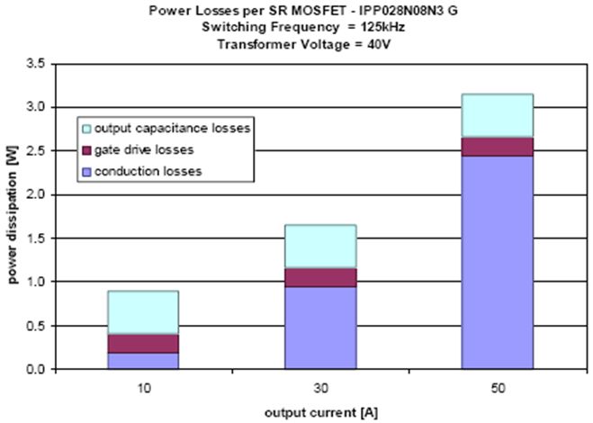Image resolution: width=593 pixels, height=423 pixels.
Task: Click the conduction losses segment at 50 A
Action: (497, 262)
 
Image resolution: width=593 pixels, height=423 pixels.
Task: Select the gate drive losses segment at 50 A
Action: (497, 147)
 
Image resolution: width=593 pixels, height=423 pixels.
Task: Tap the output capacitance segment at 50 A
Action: (497, 116)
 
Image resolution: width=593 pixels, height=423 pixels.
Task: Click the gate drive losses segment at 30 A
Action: (320, 277)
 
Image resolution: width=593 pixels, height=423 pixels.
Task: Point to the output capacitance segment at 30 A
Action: (320, 247)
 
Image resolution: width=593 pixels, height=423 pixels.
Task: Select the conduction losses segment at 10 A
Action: (143, 360)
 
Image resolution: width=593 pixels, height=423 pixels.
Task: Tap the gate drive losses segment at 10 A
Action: (143, 343)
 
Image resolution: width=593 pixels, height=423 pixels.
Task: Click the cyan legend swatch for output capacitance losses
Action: (87, 128)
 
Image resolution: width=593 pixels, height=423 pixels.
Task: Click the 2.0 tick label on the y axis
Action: (36, 194)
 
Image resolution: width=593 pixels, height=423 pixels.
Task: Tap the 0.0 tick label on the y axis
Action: (36, 369)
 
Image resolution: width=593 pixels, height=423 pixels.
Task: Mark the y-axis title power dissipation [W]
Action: (13, 216)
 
